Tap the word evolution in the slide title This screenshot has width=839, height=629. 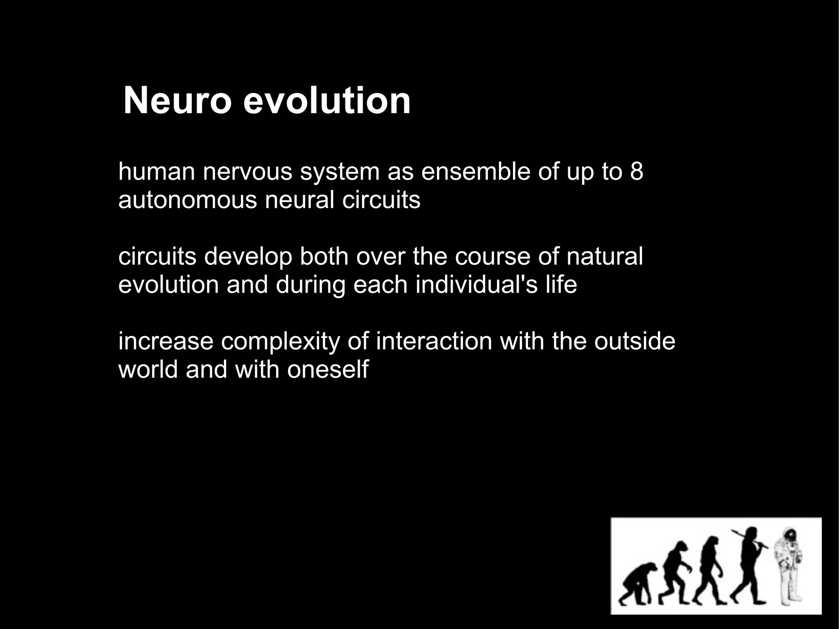(327, 101)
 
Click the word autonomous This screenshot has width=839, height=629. (188, 200)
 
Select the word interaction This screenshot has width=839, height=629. (434, 341)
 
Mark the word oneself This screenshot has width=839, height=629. (328, 370)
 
